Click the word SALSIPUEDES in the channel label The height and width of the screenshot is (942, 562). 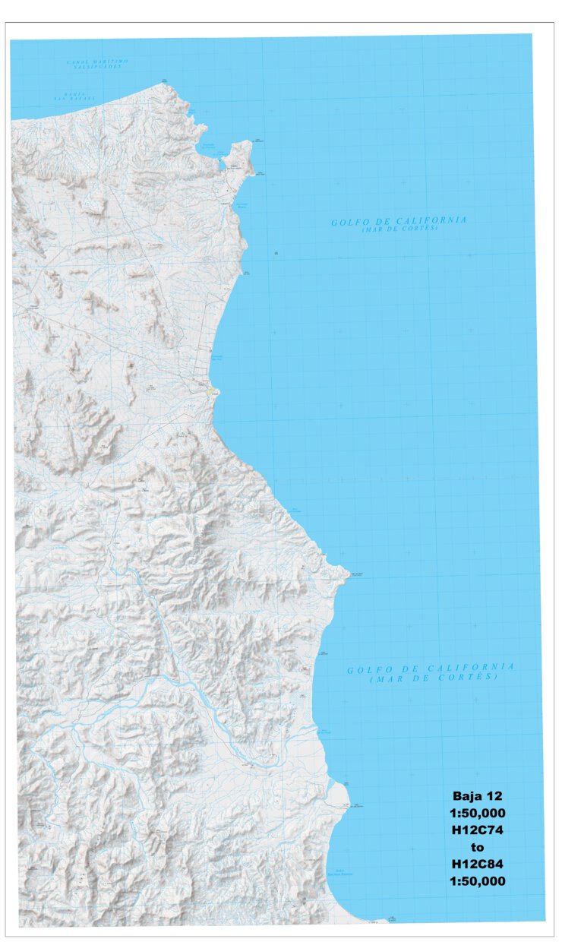coord(97,67)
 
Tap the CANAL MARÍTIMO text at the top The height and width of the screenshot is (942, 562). coord(97,61)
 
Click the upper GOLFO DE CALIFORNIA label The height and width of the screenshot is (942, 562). coord(399,221)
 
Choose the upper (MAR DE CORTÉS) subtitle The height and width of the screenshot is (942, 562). coord(399,229)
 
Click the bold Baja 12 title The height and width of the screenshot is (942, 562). coord(478,796)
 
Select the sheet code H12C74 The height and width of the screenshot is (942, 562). coord(478,830)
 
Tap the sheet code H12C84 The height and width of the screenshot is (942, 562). coord(478,864)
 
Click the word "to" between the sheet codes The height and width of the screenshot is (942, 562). coord(478,847)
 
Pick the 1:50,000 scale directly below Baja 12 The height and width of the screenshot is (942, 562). coord(478,813)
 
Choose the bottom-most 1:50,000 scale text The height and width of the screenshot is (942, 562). coord(478,881)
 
